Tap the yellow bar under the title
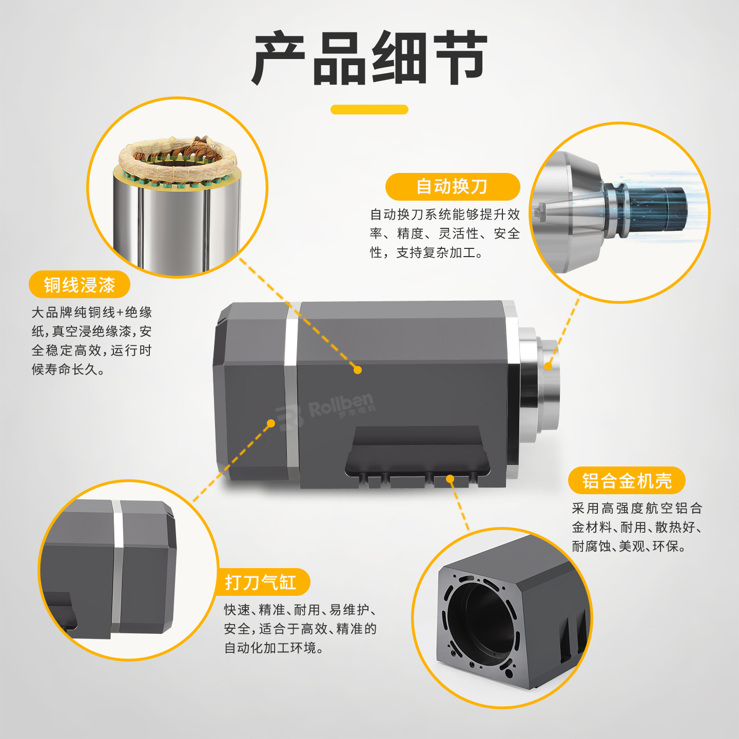click(x=369, y=109)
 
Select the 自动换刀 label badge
click(x=453, y=186)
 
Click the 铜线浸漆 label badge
click(x=80, y=284)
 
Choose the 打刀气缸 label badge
click(x=261, y=582)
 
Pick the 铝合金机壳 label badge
click(x=627, y=480)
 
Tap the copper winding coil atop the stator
click(x=178, y=157)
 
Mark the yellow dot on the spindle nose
click(x=549, y=366)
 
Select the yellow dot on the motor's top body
click(x=358, y=369)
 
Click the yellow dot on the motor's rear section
click(x=271, y=423)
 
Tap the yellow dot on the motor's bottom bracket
click(x=450, y=479)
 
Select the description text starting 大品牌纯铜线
click(x=92, y=341)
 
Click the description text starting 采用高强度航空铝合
click(x=636, y=528)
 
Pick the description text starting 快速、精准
click(x=301, y=629)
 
